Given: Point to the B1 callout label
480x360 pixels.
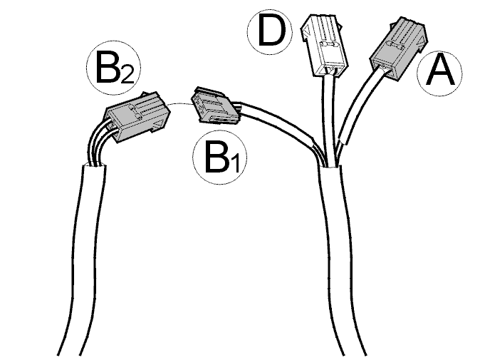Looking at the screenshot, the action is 220,158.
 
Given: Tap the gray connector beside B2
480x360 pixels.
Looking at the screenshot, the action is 137,116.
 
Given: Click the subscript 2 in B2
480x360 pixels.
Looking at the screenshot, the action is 127,76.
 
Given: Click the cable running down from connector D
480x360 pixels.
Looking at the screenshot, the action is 328,120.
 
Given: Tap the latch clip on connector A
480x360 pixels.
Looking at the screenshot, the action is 395,46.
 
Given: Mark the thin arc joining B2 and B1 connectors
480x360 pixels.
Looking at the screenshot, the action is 181,103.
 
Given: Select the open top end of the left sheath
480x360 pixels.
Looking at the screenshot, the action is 94,166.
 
